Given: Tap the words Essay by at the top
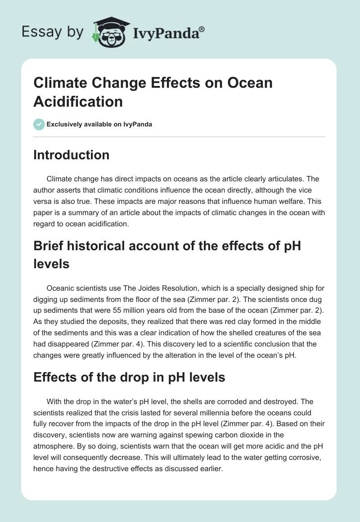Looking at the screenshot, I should click(53, 32).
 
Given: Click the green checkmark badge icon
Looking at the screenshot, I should click(39, 124).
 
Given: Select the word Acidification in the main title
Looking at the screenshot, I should click(78, 101).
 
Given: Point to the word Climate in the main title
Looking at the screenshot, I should click(58, 83).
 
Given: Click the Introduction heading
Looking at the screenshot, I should click(72, 155).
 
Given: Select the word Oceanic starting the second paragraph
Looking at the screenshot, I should click(61, 288).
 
